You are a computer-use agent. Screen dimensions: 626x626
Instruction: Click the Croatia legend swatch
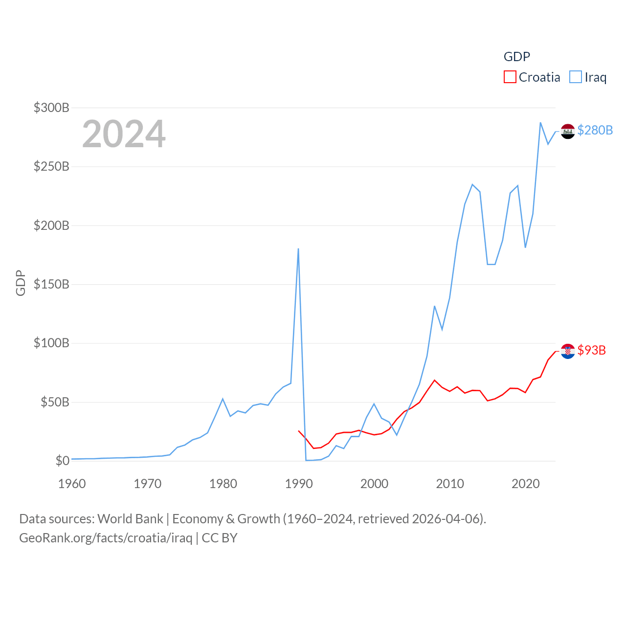click(510, 77)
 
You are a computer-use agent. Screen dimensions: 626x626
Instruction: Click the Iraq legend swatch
click(576, 77)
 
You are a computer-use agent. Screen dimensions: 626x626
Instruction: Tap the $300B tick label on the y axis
click(51, 108)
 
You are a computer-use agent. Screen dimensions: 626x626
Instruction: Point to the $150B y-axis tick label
click(51, 284)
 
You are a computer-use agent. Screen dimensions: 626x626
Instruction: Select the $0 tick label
click(63, 461)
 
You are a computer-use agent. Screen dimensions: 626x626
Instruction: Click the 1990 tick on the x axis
click(298, 484)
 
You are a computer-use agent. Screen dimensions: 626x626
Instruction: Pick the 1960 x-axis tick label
click(72, 484)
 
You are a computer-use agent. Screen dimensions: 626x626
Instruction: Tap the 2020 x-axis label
click(525, 484)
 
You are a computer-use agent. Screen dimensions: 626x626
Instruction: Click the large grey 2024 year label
click(124, 134)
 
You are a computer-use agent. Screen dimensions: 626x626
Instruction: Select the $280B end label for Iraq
click(595, 130)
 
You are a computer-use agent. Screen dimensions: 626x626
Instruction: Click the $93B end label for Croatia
click(591, 350)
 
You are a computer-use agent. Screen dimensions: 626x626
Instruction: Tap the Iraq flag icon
click(568, 131)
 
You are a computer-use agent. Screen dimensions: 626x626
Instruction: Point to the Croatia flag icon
click(568, 351)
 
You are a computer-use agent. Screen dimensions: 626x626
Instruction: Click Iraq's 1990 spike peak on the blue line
click(298, 249)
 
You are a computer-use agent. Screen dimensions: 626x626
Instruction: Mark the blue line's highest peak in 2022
click(540, 123)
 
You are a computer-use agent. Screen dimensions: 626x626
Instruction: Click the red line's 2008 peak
click(434, 380)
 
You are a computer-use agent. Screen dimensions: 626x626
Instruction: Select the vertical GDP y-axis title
click(21, 283)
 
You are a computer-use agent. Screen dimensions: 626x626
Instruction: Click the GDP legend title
click(517, 57)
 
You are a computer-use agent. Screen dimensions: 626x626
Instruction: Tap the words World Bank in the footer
click(130, 518)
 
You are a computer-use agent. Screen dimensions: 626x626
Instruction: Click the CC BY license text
click(220, 538)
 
